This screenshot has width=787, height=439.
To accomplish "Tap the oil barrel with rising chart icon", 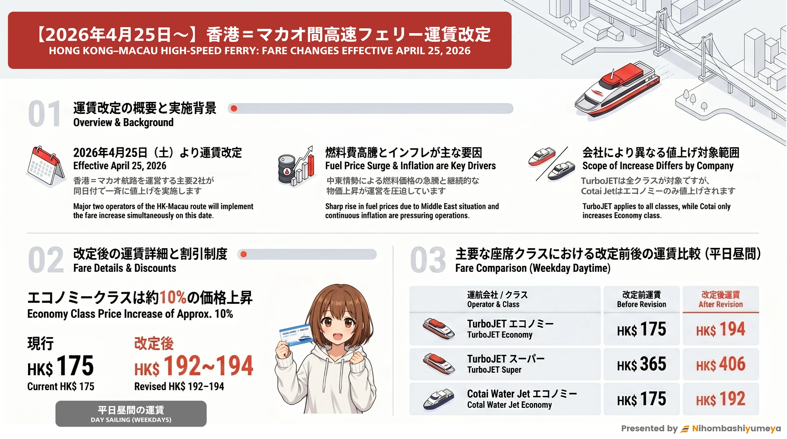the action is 296,166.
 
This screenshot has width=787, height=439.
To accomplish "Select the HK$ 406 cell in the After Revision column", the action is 721,364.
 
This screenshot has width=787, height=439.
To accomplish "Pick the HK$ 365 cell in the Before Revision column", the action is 641,364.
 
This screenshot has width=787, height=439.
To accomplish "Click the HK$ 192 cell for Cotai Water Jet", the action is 721,399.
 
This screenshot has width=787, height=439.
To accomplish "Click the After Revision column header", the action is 721,299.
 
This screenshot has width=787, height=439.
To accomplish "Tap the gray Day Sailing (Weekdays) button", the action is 131,414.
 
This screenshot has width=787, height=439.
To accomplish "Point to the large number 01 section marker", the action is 45,113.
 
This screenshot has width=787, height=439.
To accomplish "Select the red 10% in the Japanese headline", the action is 173,297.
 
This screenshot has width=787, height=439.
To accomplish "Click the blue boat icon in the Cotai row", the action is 438,399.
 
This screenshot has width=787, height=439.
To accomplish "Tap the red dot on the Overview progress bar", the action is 234,108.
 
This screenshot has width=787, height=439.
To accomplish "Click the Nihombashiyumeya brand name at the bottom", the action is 736,428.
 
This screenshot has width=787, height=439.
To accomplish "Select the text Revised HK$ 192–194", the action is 179,386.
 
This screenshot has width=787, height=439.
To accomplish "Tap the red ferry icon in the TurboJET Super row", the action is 439,364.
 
